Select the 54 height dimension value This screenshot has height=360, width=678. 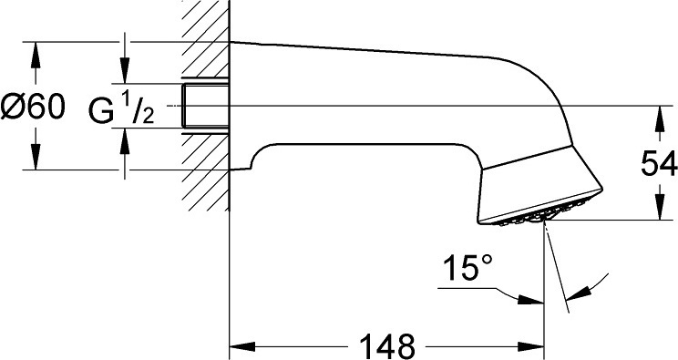(x=658, y=163)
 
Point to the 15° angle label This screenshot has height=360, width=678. (x=467, y=267)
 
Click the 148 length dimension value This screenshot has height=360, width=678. (x=387, y=346)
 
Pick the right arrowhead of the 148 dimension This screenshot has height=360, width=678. (x=530, y=346)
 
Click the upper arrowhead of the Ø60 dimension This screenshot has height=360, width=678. (x=36, y=55)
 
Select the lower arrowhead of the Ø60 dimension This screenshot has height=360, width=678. (x=36, y=157)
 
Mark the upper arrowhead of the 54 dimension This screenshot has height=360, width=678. (x=660, y=119)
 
